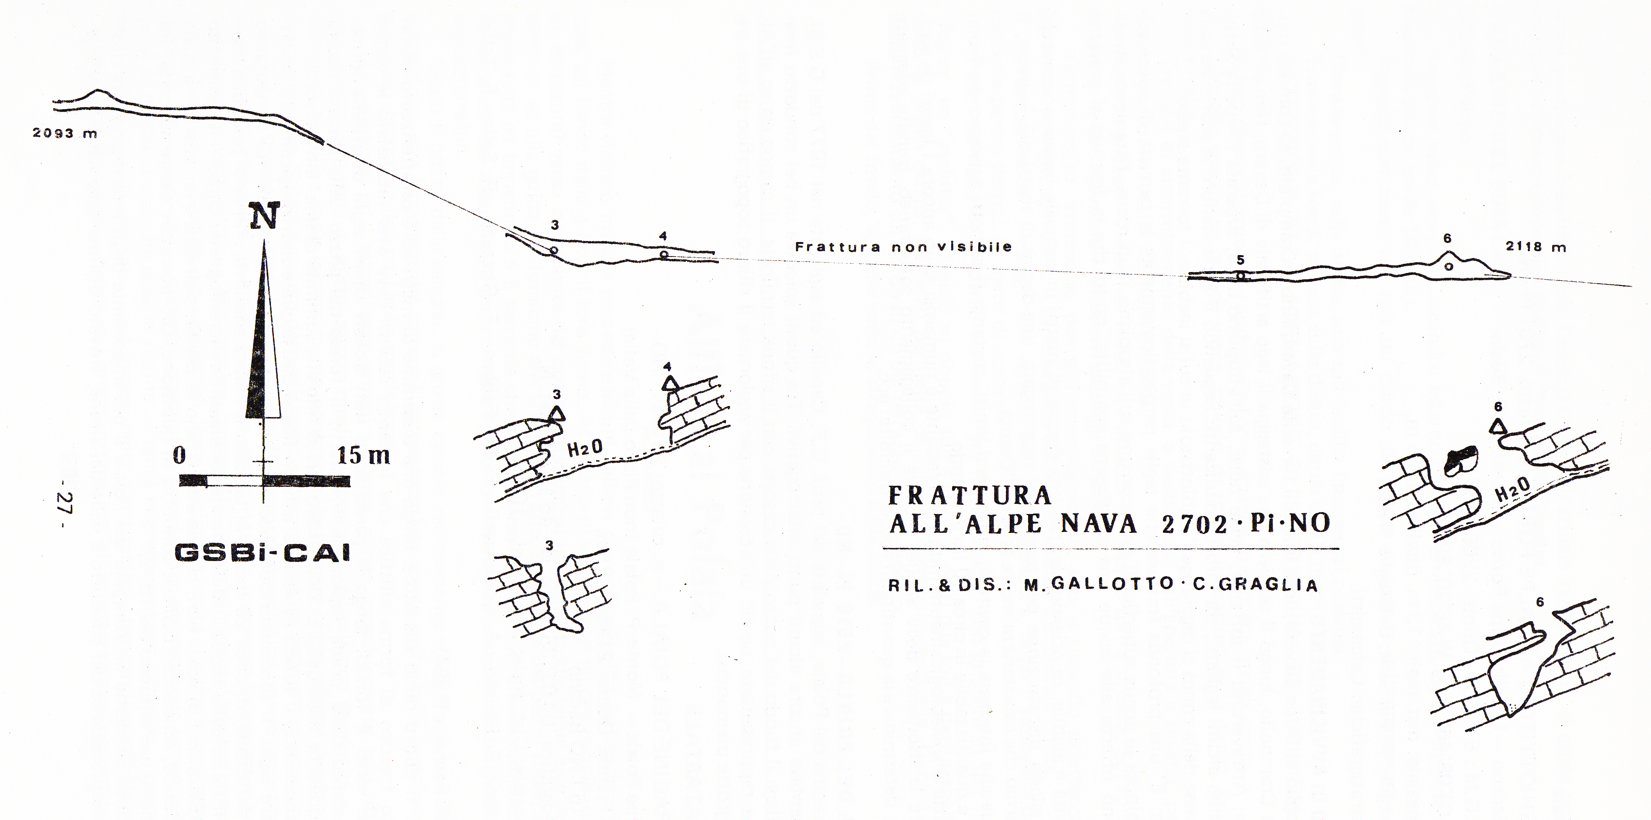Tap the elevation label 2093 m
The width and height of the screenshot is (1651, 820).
tap(65, 134)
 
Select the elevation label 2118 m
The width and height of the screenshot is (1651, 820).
tap(1536, 246)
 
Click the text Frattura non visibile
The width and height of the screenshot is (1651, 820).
tap(904, 246)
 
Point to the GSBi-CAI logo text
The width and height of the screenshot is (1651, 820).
tap(263, 553)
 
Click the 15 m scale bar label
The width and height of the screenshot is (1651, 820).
tap(364, 455)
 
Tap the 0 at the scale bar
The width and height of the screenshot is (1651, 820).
tap(179, 455)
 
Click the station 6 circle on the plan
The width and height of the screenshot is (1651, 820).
tap(1448, 266)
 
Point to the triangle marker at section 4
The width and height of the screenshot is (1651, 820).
tap(670, 384)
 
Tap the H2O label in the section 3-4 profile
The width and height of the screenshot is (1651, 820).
tap(585, 448)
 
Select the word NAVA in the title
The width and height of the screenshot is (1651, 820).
tap(1098, 524)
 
